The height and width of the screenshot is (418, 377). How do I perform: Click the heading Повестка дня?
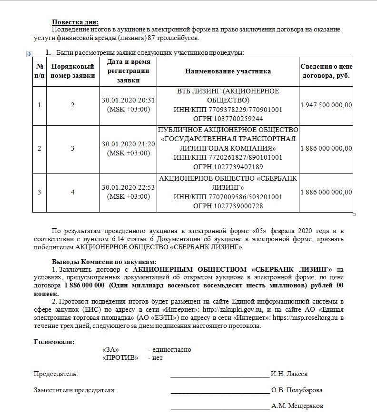(75, 22)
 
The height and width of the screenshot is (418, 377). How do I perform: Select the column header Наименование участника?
(228, 71)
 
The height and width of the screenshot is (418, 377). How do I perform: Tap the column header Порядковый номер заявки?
(72, 71)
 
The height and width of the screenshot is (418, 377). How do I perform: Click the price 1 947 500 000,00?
(327, 105)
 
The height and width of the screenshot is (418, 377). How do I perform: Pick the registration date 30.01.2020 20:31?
(129, 100)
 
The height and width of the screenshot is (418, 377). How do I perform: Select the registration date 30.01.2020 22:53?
(129, 187)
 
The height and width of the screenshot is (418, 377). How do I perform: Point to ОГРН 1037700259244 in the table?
(228, 119)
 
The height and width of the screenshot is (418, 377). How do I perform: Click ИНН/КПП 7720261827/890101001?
(228, 157)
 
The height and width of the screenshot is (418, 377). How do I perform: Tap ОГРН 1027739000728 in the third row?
(228, 206)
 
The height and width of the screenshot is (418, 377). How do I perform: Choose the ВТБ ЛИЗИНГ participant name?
(228, 95)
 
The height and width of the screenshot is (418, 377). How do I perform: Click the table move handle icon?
(29, 54)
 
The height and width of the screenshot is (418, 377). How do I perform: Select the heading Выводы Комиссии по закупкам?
(104, 262)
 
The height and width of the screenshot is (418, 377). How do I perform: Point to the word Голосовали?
(54, 342)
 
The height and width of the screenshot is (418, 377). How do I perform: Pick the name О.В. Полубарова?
(297, 390)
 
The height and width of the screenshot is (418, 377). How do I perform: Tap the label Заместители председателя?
(75, 390)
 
